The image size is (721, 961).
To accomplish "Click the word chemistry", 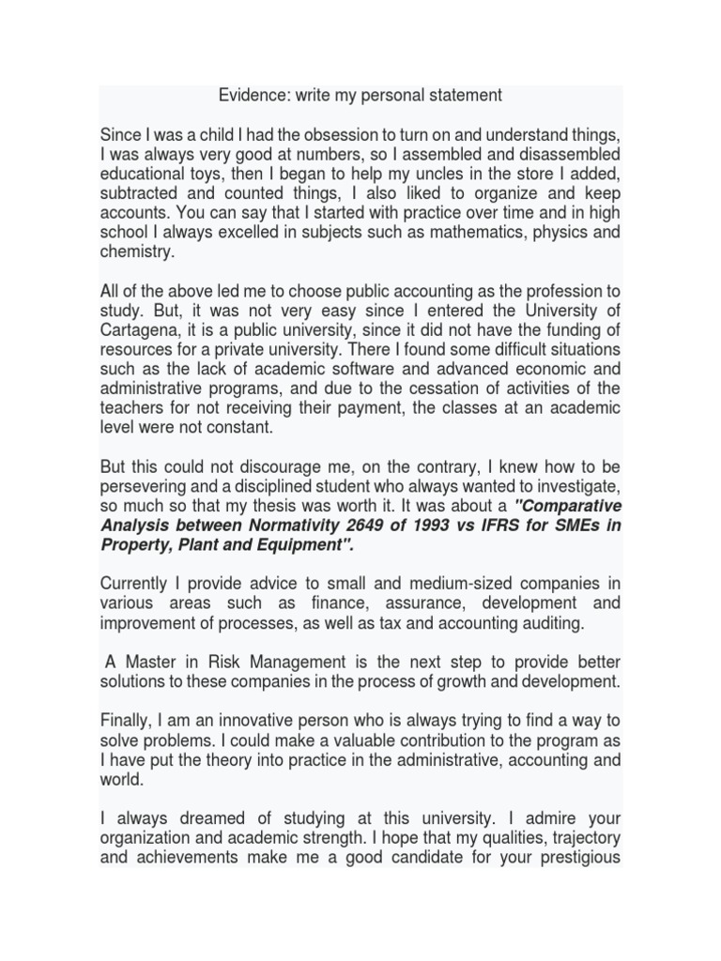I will point(138,252).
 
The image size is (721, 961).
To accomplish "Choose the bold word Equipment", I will point(309,546).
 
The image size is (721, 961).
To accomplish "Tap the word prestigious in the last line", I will point(573,859).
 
